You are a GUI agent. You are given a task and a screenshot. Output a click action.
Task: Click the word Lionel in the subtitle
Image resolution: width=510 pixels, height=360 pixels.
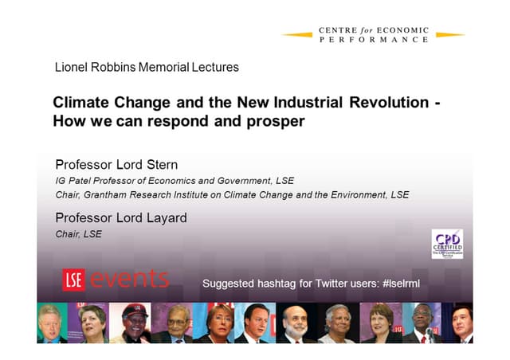[72, 68]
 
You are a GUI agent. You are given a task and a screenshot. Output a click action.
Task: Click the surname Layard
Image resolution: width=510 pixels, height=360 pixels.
[166, 217]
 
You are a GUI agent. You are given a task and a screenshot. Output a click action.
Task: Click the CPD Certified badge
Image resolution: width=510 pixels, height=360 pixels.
[446, 244]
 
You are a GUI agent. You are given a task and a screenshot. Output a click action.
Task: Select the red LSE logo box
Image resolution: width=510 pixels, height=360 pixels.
[73, 280]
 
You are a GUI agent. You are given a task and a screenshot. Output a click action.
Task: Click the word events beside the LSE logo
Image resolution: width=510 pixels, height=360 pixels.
[129, 280]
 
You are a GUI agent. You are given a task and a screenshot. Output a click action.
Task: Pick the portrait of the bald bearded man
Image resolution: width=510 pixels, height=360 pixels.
[176, 323]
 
